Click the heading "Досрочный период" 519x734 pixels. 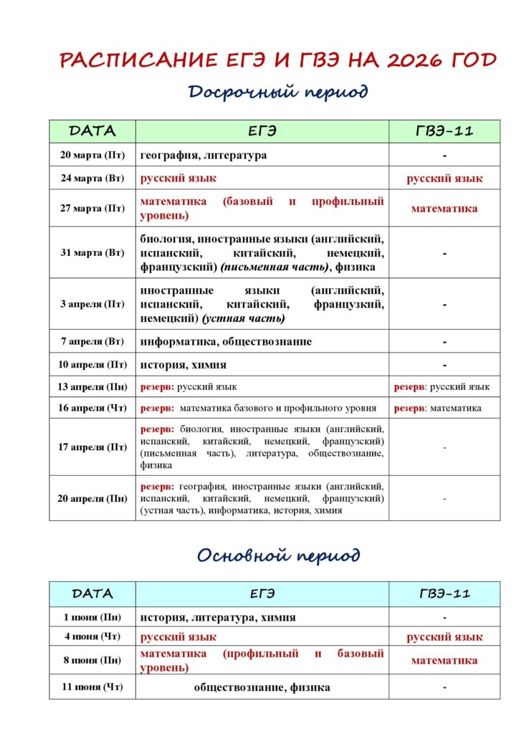[278, 92]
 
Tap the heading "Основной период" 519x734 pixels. [278, 556]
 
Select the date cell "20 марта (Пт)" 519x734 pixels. [92, 156]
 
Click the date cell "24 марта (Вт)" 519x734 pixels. [92, 178]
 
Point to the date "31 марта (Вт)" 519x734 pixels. [92, 253]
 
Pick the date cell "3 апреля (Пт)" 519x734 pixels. [92, 304]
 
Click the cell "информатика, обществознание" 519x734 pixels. [226, 342]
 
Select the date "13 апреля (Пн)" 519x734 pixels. [92, 387]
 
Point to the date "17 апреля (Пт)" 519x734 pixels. [92, 447]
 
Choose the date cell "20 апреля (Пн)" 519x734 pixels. [92, 498]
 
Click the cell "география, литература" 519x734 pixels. [204, 156]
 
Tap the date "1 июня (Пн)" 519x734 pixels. [92, 617]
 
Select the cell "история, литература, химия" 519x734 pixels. [218, 617]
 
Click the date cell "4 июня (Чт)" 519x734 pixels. [92, 637]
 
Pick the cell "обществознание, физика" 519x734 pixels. [262, 687]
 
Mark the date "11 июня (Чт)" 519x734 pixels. [92, 687]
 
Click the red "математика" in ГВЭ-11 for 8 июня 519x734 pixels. [444, 660]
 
